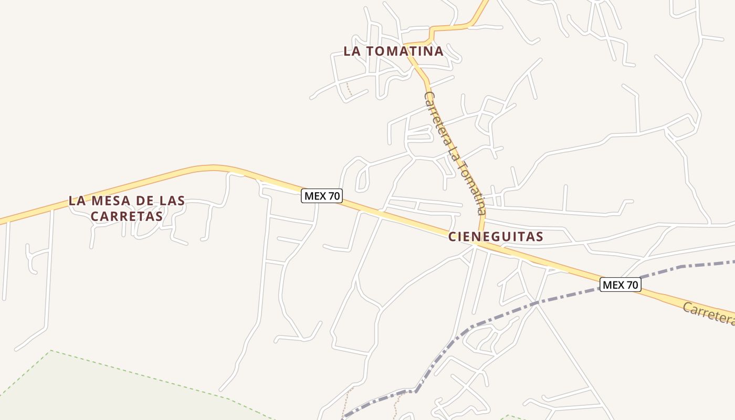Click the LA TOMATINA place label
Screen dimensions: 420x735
[393, 51]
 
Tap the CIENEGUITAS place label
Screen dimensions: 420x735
[496, 237]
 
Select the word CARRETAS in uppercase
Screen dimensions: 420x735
[127, 216]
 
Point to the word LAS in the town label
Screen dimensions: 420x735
[170, 201]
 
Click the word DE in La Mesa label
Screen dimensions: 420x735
[142, 201]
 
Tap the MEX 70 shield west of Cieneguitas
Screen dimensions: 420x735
[322, 196]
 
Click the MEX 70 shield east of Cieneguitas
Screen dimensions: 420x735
[620, 285]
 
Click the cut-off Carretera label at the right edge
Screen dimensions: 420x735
[709, 313]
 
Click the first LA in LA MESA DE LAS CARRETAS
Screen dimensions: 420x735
[77, 201]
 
